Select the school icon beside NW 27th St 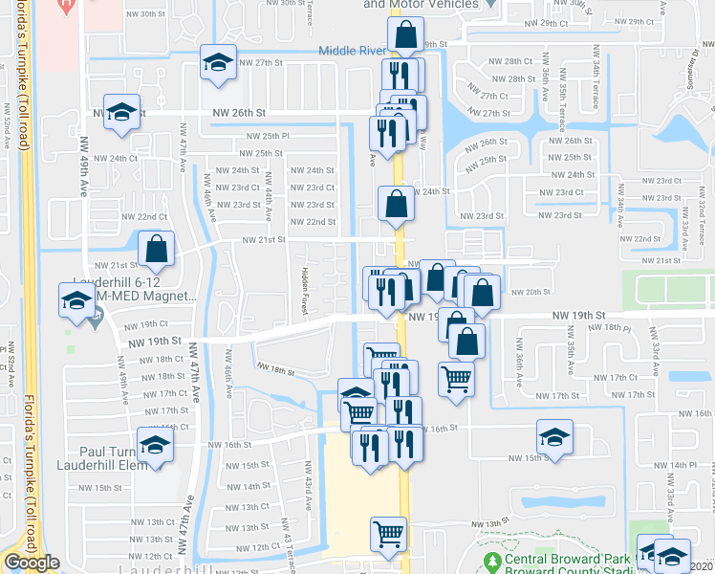[218, 63]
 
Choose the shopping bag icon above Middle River [406, 35]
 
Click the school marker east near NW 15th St [554, 437]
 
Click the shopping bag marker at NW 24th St [396, 203]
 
